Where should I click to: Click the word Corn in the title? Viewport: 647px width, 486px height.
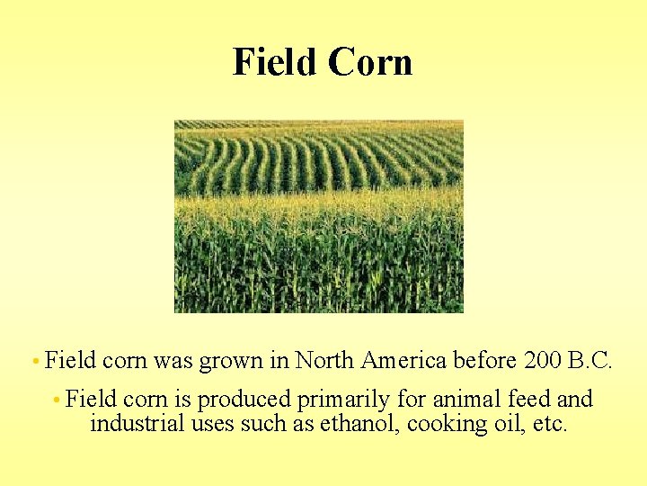[370, 62]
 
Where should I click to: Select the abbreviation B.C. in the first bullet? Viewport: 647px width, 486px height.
[591, 361]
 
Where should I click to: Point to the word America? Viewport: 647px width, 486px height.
[403, 361]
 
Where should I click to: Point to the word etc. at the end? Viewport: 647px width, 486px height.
[549, 424]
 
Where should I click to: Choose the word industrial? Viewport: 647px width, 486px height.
[138, 423]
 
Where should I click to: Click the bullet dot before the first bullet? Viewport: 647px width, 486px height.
[33, 362]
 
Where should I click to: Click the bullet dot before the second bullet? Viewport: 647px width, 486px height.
[56, 399]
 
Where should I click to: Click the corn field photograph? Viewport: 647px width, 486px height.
[318, 217]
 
